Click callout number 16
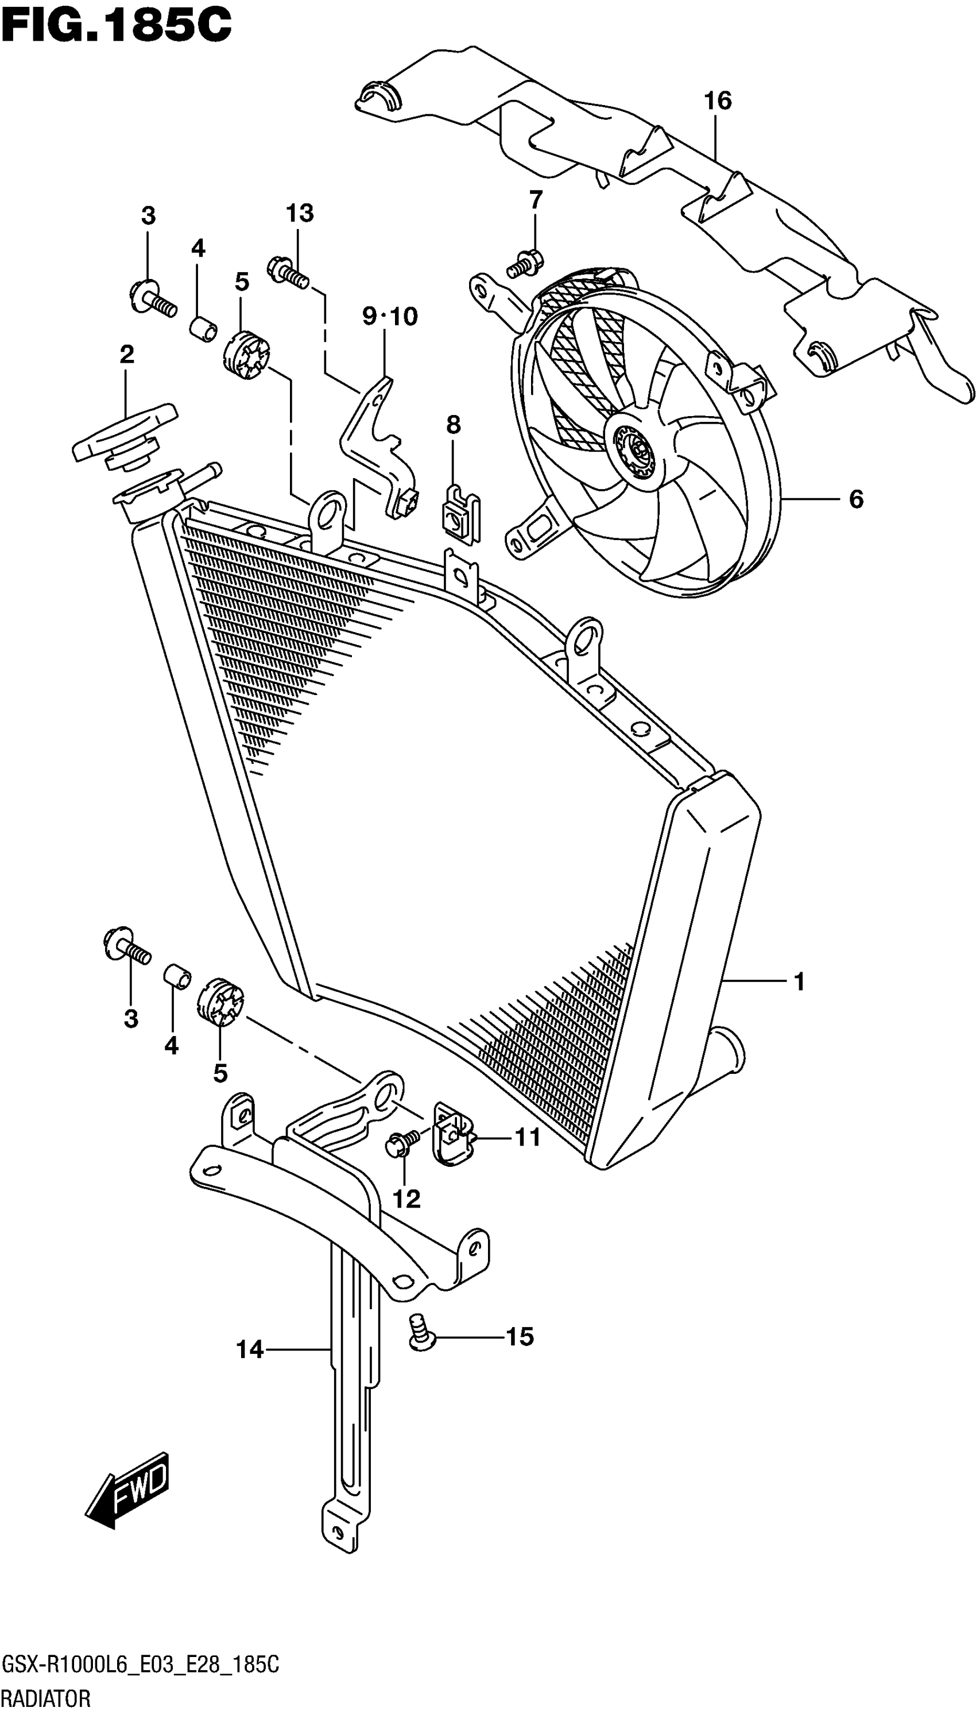tap(717, 101)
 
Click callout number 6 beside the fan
tap(856, 499)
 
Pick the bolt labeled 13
tap(288, 272)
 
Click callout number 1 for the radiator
tap(799, 982)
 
